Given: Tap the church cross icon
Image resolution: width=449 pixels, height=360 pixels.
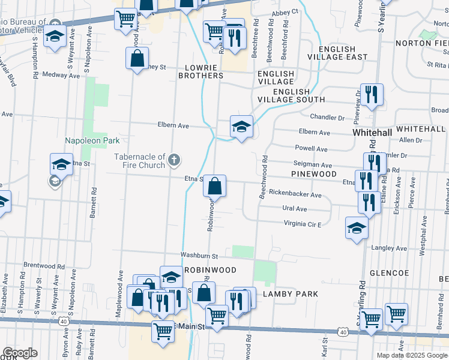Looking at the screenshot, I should click(174, 160).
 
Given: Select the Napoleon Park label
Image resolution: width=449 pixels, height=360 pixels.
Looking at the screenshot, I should click(92, 140).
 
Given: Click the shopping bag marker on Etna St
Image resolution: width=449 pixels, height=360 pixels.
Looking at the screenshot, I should click(215, 186).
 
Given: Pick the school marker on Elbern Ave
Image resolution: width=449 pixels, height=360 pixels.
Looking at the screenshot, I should click(241, 127).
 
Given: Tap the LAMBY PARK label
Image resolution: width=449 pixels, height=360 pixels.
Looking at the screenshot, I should click(294, 293).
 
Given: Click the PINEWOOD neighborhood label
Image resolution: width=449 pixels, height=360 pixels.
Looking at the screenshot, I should click(314, 173).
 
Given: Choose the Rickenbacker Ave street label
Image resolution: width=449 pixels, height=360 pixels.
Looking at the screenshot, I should click(295, 194).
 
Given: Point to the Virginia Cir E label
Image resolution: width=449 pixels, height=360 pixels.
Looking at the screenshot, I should click(303, 224).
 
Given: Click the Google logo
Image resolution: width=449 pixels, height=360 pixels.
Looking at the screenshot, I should click(19, 353).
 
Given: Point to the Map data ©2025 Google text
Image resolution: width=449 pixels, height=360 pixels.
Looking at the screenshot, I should click(412, 355).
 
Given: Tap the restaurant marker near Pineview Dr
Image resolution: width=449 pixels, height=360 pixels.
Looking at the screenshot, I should click(372, 95).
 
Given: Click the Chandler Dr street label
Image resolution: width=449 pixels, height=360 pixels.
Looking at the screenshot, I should click(327, 117).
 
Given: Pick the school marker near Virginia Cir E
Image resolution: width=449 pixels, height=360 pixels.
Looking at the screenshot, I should click(357, 229).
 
